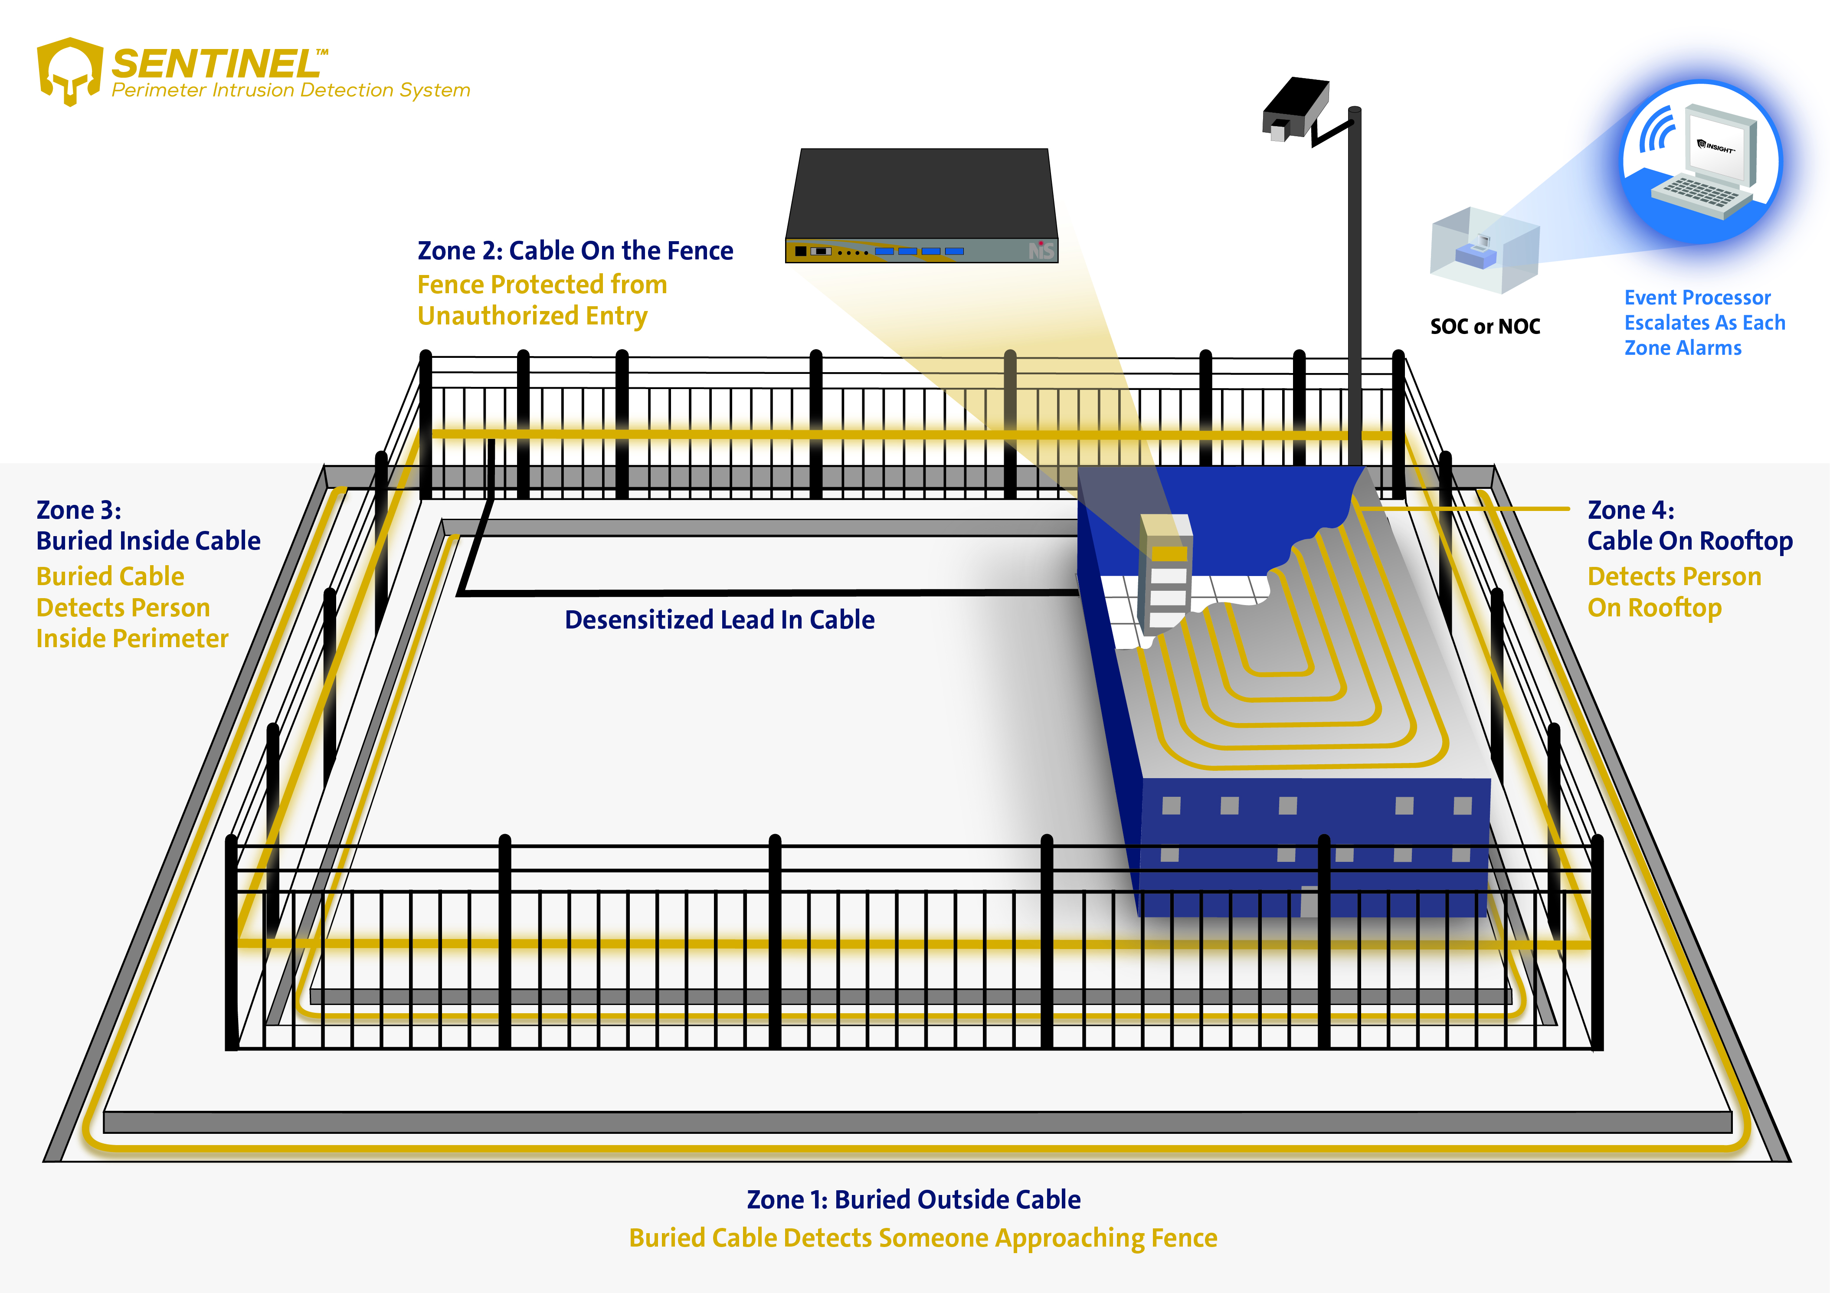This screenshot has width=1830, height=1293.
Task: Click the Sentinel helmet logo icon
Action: pyautogui.click(x=70, y=70)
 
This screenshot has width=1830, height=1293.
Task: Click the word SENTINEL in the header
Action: pyautogui.click(x=215, y=63)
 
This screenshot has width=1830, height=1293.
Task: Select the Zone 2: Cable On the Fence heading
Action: pyautogui.click(x=575, y=250)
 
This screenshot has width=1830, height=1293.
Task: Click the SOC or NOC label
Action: pyautogui.click(x=1485, y=326)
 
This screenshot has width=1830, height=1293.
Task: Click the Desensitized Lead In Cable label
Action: pyautogui.click(x=719, y=619)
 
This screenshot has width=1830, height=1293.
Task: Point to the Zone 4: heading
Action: pyautogui.click(x=1631, y=510)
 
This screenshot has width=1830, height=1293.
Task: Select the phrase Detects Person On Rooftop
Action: pyautogui.click(x=1674, y=592)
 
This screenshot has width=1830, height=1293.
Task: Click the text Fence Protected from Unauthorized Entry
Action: pyautogui.click(x=542, y=300)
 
